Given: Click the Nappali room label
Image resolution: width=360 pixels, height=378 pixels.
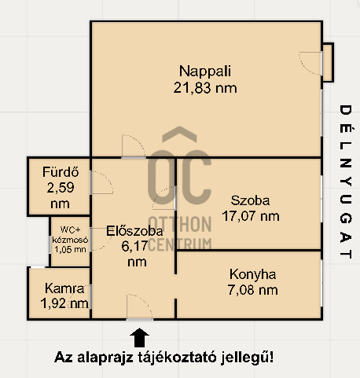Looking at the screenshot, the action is [x=205, y=71].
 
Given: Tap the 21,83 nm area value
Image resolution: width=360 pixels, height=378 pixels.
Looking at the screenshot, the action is [x=205, y=88].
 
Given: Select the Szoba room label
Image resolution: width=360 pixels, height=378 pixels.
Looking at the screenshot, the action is [x=250, y=200].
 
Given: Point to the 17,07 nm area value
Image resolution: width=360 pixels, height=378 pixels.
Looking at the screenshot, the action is [x=251, y=216].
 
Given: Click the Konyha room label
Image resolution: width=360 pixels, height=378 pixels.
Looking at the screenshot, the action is [x=252, y=274].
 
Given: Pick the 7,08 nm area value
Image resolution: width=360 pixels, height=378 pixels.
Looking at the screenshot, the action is [x=252, y=290].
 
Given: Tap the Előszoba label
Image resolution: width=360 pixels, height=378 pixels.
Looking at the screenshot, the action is [x=134, y=231].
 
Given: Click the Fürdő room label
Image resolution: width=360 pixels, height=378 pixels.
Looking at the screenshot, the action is [x=61, y=172].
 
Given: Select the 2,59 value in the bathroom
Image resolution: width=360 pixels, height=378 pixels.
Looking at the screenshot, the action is [x=61, y=188].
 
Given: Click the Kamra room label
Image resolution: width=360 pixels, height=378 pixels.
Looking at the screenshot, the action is [x=64, y=288].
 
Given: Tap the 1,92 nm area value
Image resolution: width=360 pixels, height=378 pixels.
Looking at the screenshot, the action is [x=64, y=303].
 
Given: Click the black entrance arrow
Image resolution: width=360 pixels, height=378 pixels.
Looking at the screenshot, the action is [x=140, y=337].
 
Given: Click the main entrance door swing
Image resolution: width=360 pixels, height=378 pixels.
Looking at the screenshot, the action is [x=139, y=307].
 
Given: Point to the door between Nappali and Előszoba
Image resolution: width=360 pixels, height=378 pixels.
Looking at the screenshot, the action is [x=134, y=147].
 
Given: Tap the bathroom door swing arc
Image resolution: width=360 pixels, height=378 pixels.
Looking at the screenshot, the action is [x=101, y=182].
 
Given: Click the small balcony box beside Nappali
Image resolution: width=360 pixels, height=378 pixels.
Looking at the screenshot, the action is [x=328, y=63].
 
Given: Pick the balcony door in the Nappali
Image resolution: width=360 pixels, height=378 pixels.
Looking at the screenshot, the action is [x=310, y=64].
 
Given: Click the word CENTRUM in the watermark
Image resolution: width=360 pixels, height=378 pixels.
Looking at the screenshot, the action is [x=180, y=244].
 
